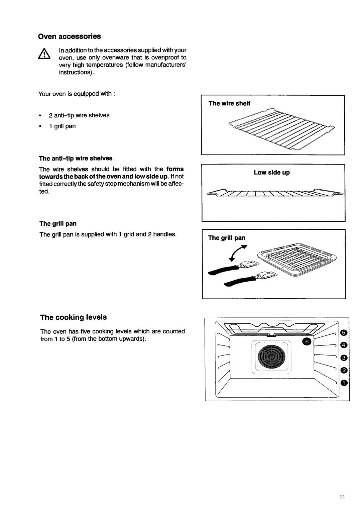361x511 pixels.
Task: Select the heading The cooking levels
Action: pyautogui.click(x=74, y=317)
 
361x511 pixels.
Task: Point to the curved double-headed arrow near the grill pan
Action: pyautogui.click(x=243, y=253)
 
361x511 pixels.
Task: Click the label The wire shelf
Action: pyautogui.click(x=229, y=103)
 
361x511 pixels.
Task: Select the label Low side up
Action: pyautogui.click(x=272, y=173)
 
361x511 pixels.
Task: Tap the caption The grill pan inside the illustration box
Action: pyautogui.click(x=227, y=238)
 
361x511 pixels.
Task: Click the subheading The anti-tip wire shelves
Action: pyautogui.click(x=76, y=158)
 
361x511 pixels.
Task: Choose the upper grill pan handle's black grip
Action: pyautogui.click(x=222, y=269)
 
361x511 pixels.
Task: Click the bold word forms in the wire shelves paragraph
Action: pyautogui.click(x=175, y=169)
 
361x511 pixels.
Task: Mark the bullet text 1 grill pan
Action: pyautogui.click(x=63, y=126)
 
